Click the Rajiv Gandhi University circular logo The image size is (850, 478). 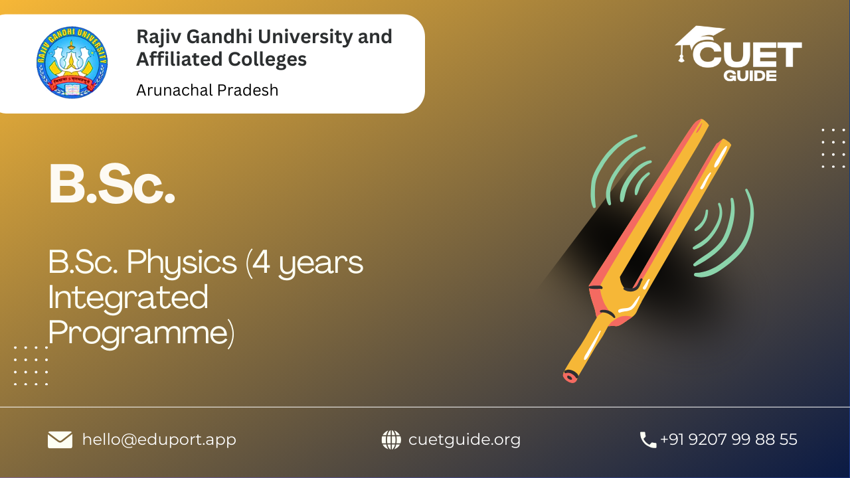(x=72, y=62)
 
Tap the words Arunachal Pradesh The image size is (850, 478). (x=207, y=90)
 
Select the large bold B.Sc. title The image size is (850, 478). (x=112, y=185)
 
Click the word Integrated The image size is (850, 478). (x=128, y=298)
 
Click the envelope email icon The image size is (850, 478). (x=60, y=439)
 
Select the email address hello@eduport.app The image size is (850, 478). (x=159, y=439)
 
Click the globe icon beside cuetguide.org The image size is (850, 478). (x=391, y=439)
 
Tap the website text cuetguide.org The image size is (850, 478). (x=464, y=439)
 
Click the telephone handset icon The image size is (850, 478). (x=647, y=440)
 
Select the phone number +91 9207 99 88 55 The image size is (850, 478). (x=728, y=439)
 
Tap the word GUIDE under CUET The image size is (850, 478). (x=750, y=76)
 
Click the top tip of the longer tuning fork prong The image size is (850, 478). (x=703, y=122)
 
